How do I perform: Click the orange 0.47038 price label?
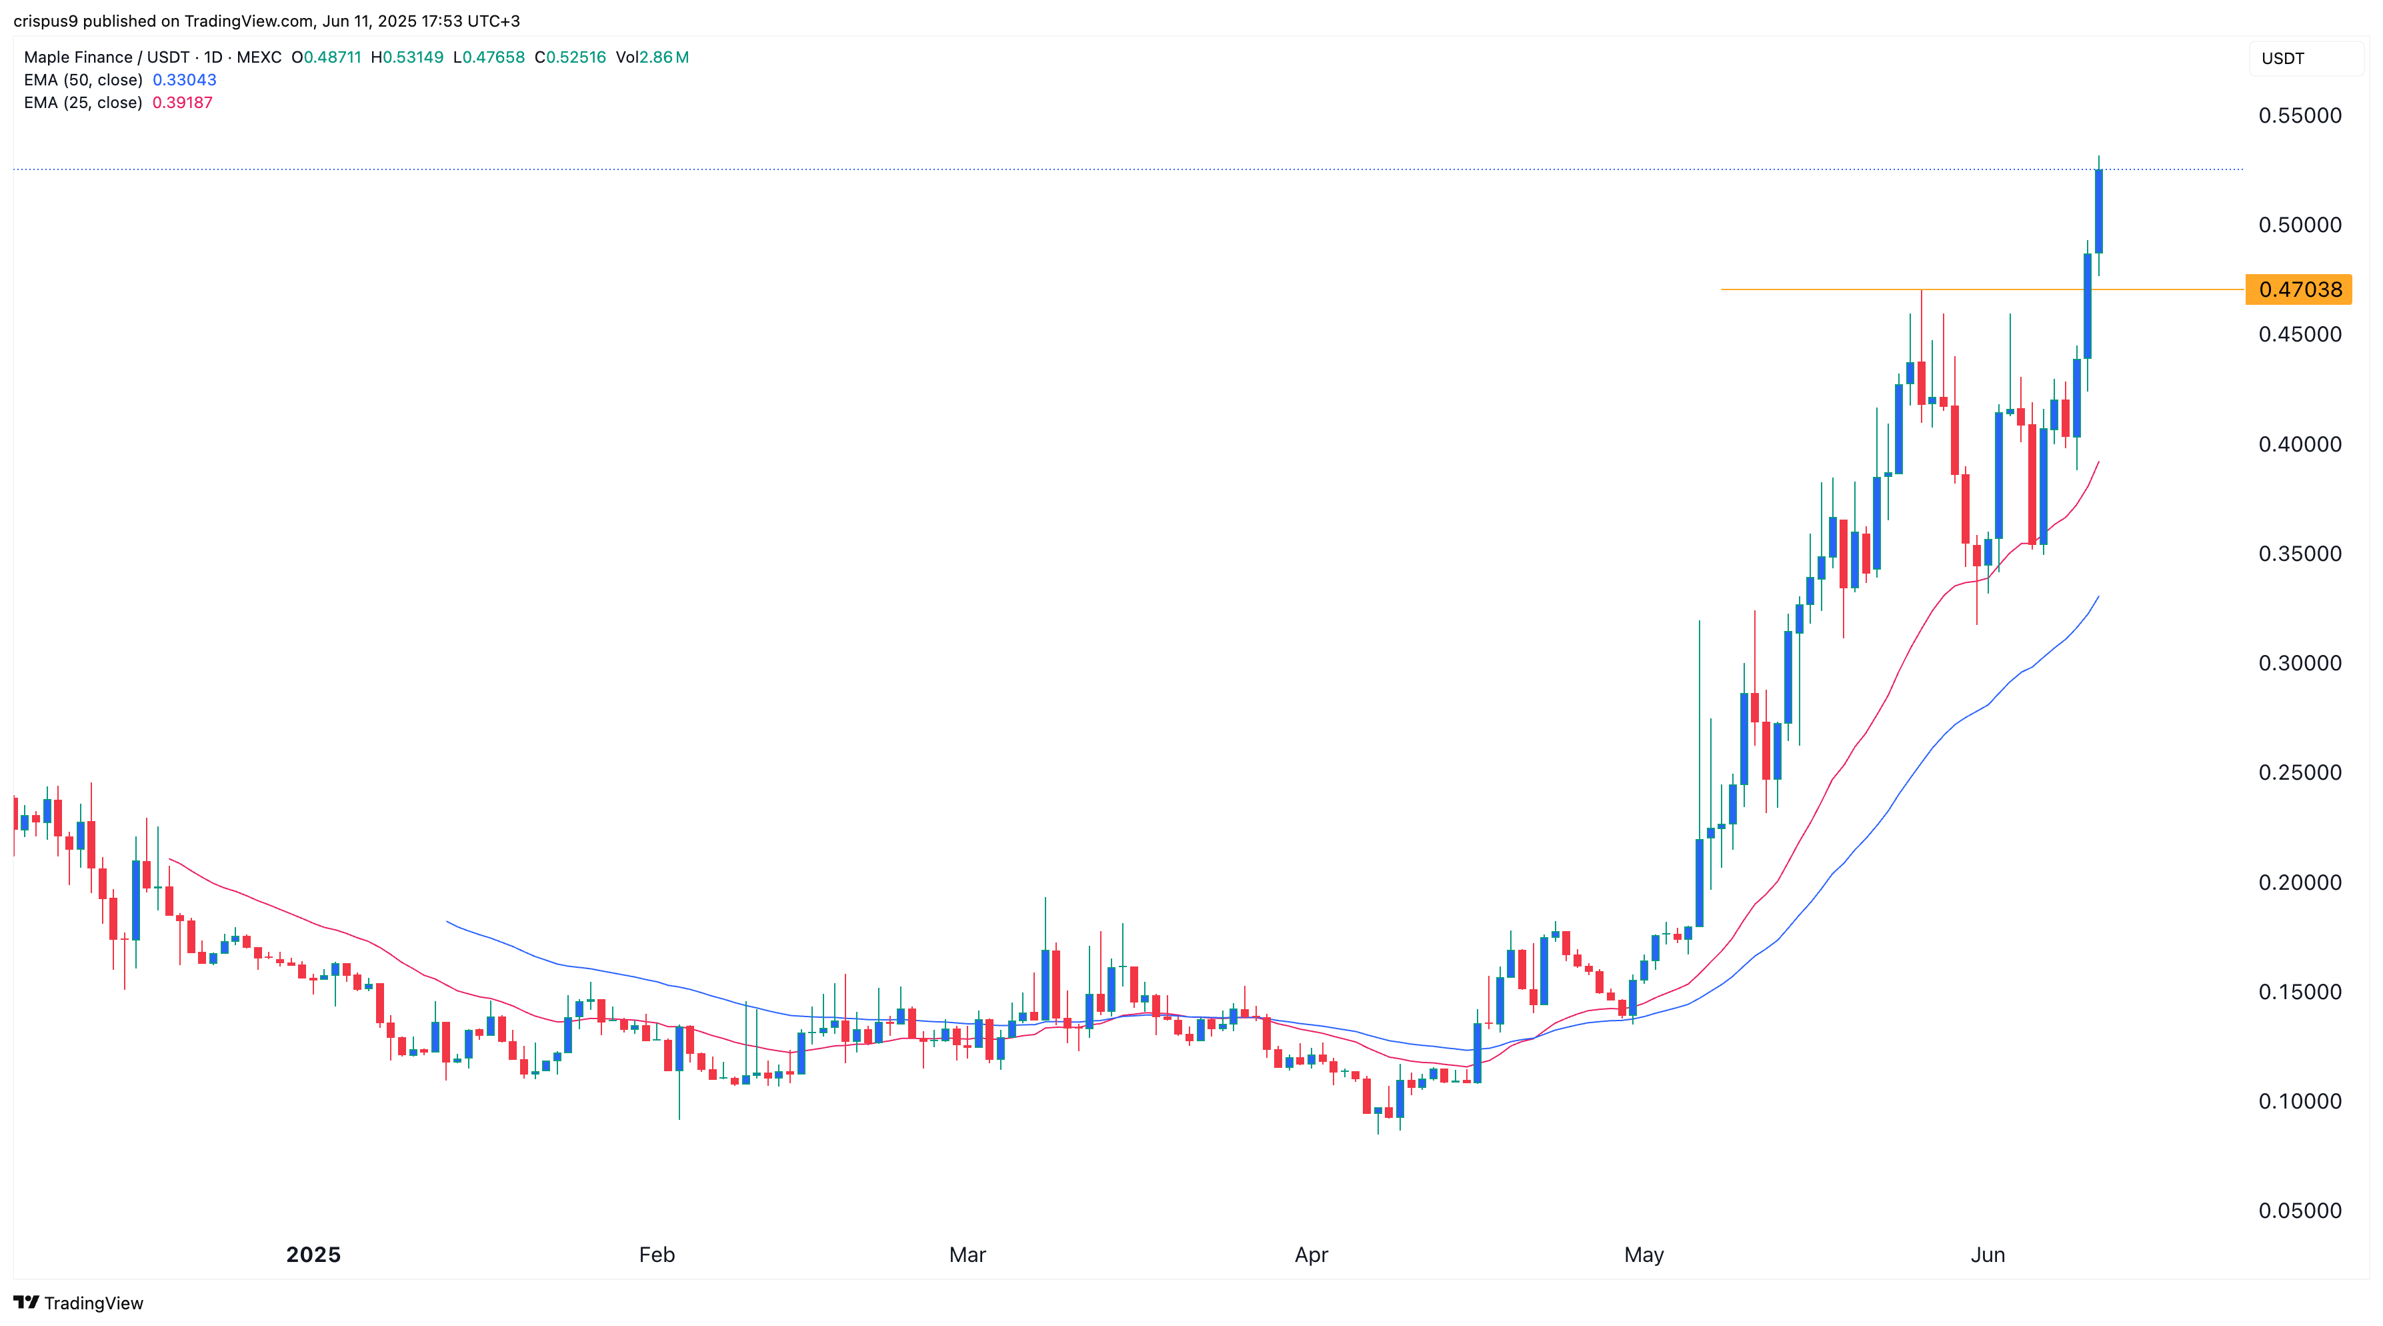[2299, 289]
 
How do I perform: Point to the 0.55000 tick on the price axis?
[2300, 115]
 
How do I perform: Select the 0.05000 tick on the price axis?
[2300, 1211]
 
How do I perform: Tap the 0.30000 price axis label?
[2300, 664]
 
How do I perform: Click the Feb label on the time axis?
[657, 1255]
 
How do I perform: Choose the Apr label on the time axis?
[1311, 1255]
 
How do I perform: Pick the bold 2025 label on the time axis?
[313, 1255]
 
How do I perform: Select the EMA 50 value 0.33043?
[184, 79]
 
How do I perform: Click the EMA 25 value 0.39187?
[182, 103]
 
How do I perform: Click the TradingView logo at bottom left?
[79, 1303]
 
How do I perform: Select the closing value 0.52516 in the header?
[575, 57]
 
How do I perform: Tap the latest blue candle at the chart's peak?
[2099, 211]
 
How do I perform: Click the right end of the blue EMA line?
[2098, 598]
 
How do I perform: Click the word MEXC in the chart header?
[259, 57]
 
